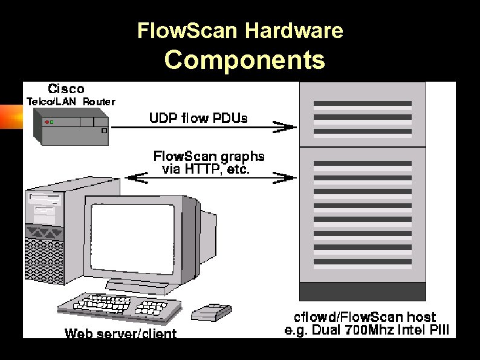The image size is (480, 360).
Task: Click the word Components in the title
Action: pyautogui.click(x=244, y=61)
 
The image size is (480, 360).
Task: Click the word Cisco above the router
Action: pyautogui.click(x=66, y=88)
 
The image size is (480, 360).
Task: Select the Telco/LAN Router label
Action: pyautogui.click(x=71, y=102)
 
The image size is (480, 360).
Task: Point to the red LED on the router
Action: pyautogui.click(x=47, y=122)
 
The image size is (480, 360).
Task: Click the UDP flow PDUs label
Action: pyautogui.click(x=198, y=117)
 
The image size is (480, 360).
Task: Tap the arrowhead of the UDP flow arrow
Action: pyautogui.click(x=287, y=126)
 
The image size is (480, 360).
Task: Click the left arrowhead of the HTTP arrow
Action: pyautogui.click(x=134, y=177)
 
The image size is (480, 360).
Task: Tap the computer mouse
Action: pyautogui.click(x=211, y=312)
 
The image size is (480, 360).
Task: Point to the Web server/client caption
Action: pyautogui.click(x=120, y=333)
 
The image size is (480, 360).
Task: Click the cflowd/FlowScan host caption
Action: pyautogui.click(x=365, y=317)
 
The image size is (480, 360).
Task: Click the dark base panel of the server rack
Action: pyautogui.click(x=362, y=292)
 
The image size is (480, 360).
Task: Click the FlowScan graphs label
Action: pyautogui.click(x=209, y=156)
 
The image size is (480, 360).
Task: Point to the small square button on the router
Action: pyautogui.click(x=104, y=130)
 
